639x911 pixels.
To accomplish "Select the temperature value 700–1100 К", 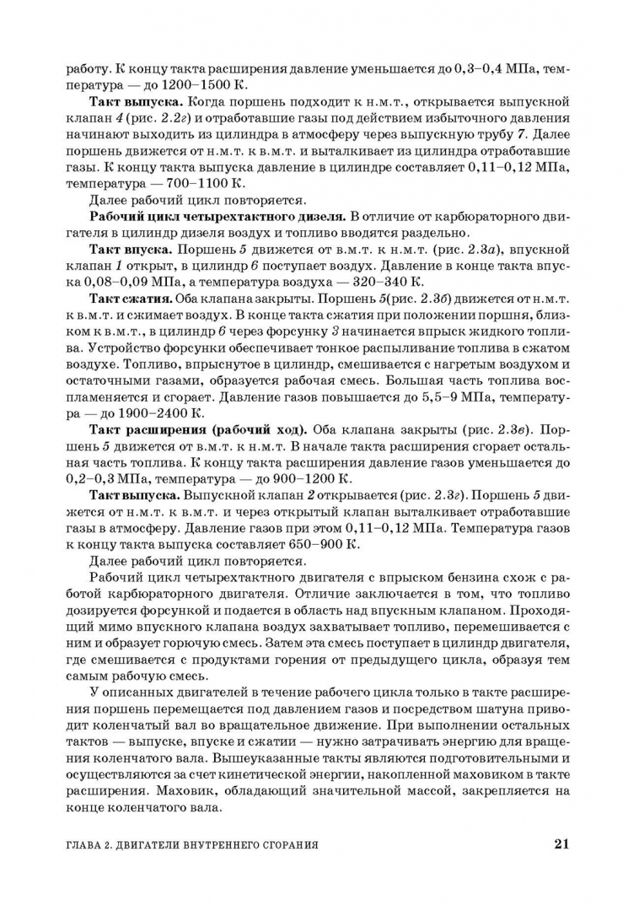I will (x=201, y=183).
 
